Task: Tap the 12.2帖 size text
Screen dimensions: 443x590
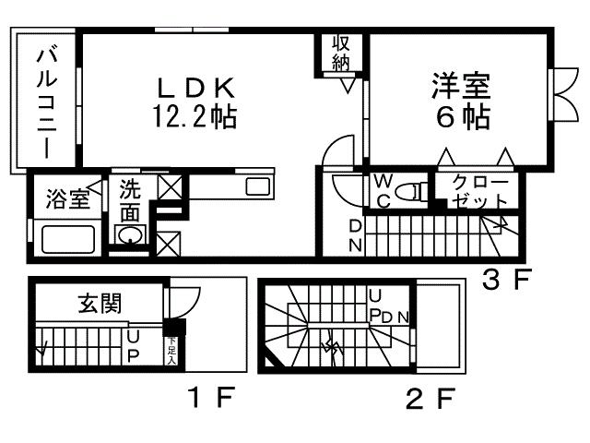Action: click(195, 116)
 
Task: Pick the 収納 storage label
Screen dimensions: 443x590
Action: click(342, 52)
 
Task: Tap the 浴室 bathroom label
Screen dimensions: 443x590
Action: click(68, 198)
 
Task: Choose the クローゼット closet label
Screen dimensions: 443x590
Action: click(480, 192)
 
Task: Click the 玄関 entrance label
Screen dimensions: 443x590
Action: click(100, 303)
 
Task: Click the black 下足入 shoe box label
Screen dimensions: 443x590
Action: click(171, 348)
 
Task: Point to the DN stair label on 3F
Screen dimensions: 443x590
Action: click(355, 235)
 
